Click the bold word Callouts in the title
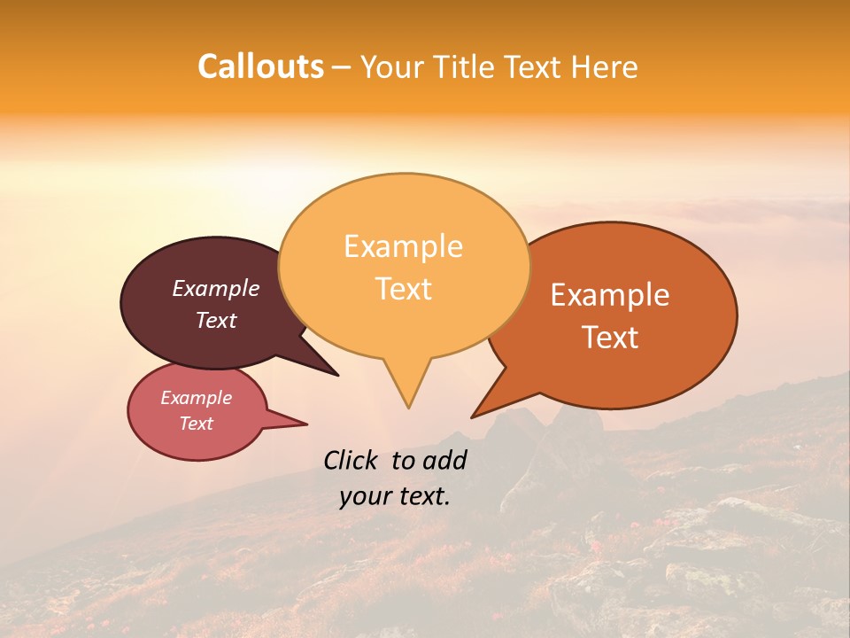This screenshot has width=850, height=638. [x=260, y=66]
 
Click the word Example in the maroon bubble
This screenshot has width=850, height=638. [x=216, y=289]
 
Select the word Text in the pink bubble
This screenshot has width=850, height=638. [x=196, y=424]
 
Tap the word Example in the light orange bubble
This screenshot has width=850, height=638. [x=403, y=246]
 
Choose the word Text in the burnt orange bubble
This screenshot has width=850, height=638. [x=610, y=338]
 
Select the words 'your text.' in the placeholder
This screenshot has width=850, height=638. [x=395, y=497]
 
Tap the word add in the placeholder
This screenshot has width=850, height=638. [x=445, y=460]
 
